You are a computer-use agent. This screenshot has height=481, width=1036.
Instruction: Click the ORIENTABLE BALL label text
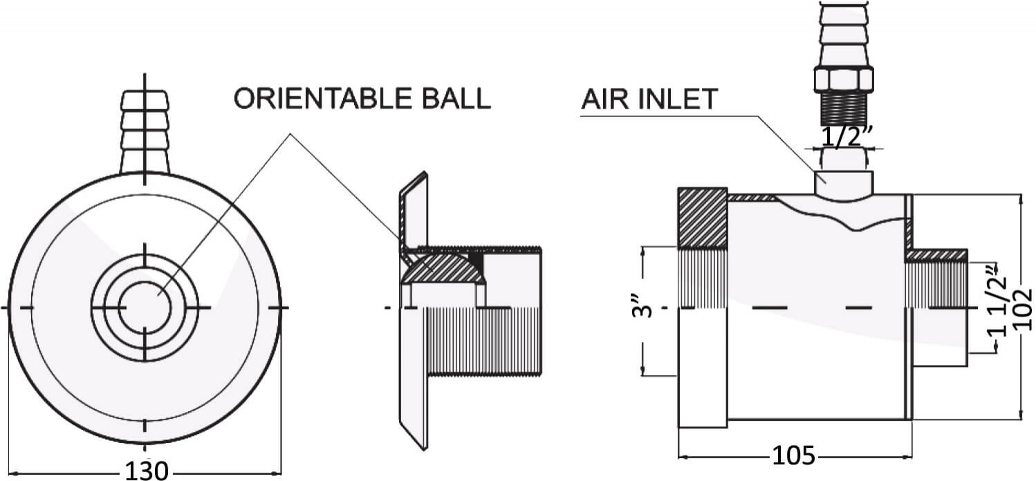(x=362, y=99)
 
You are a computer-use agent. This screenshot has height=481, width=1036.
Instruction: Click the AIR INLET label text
(x=649, y=100)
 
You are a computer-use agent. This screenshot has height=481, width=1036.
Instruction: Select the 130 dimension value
(x=146, y=471)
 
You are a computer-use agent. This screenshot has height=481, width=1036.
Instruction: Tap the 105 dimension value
(x=794, y=456)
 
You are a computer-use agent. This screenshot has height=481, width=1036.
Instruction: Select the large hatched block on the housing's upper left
(x=703, y=218)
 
